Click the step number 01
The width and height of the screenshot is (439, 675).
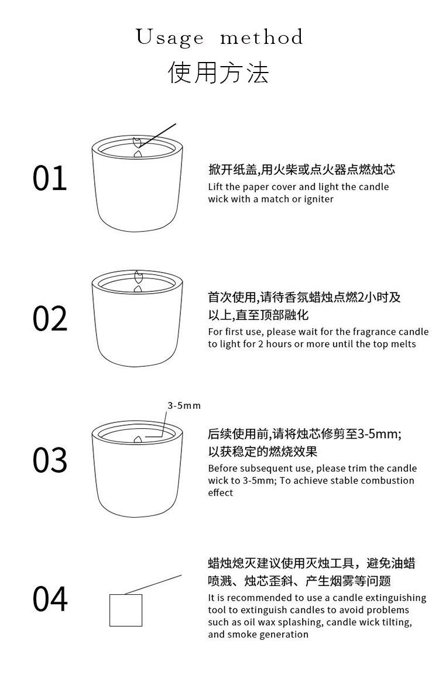click(50, 178)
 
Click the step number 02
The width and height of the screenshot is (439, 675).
click(50, 318)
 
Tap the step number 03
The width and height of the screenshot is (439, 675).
click(50, 460)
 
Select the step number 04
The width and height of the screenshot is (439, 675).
click(50, 599)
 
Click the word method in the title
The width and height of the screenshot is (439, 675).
click(262, 38)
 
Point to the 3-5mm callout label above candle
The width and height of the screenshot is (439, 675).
click(184, 405)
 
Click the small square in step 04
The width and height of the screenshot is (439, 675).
click(126, 610)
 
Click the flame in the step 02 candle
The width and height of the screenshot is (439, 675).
click(138, 277)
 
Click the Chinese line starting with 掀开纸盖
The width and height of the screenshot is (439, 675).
click(301, 170)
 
